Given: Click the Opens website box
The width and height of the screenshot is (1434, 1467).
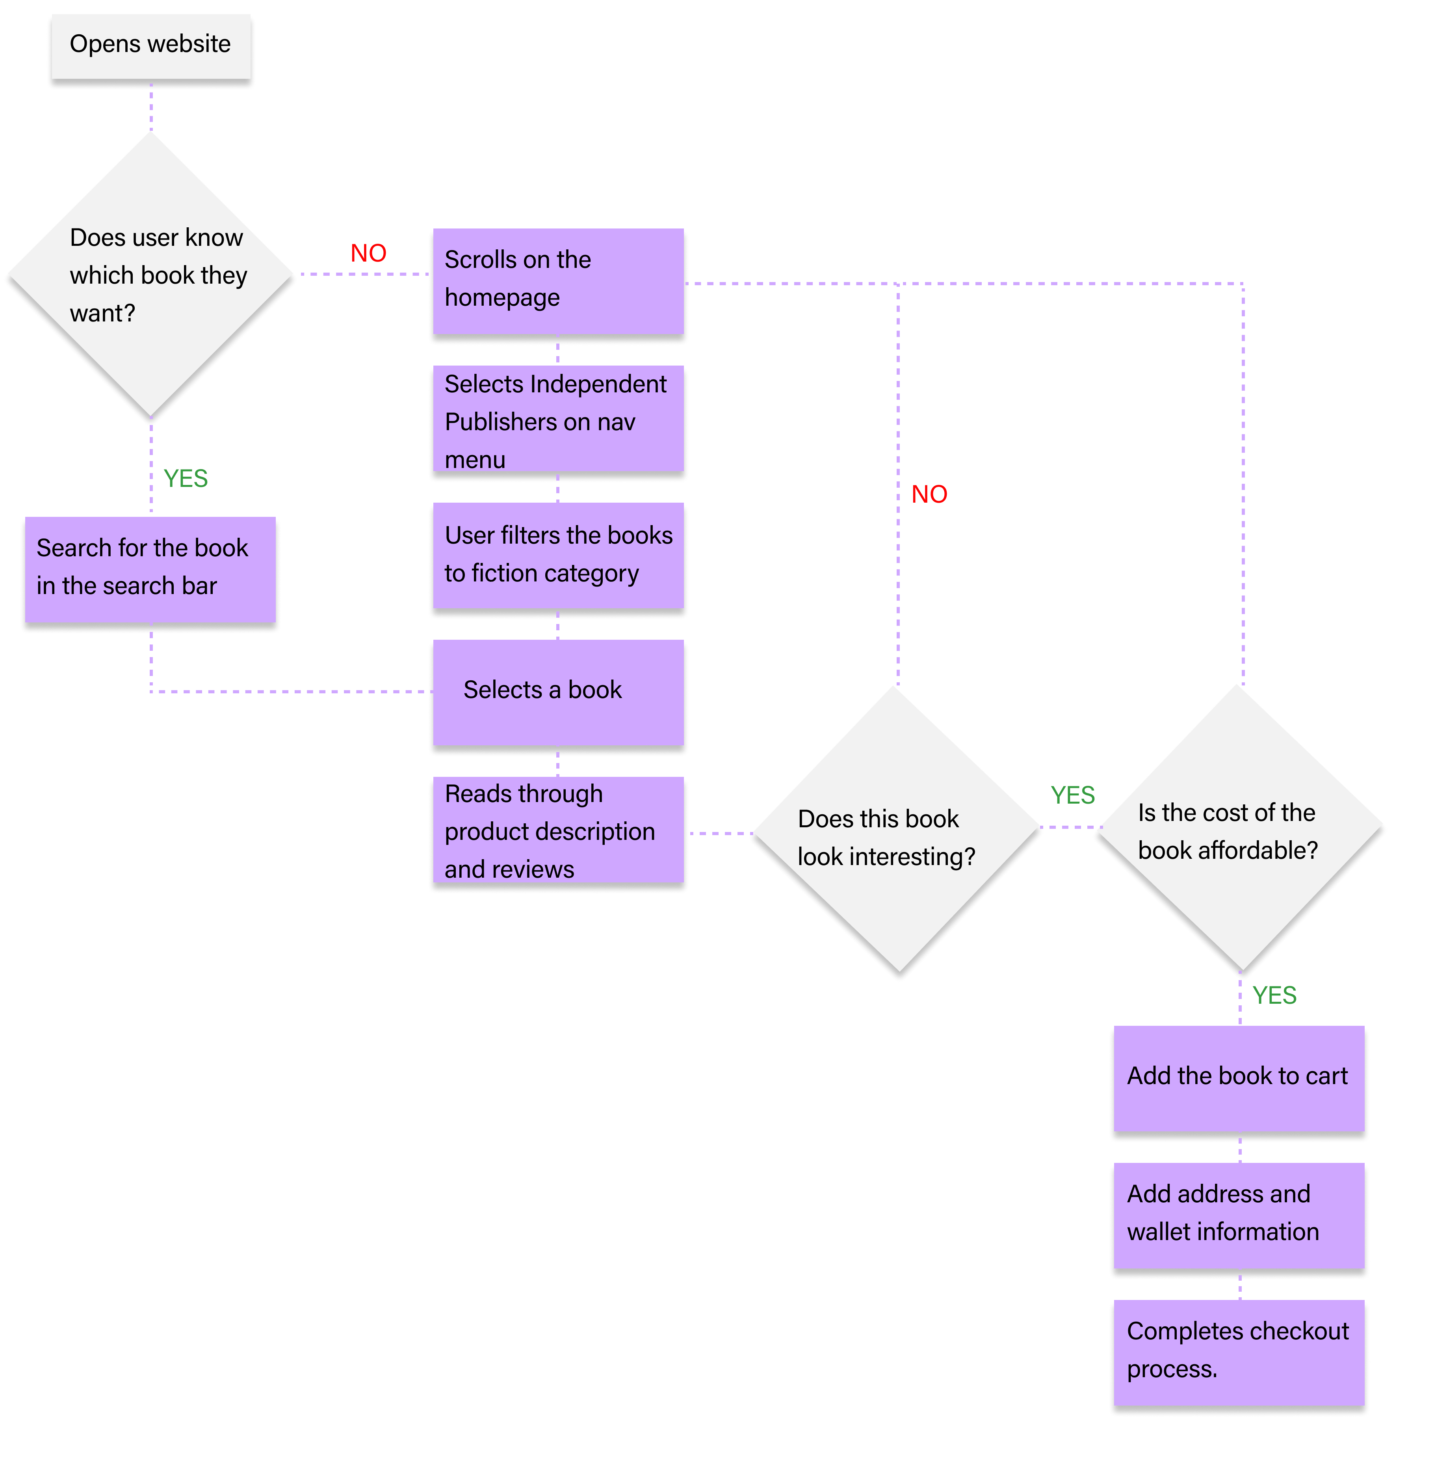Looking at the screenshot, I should pyautogui.click(x=150, y=45).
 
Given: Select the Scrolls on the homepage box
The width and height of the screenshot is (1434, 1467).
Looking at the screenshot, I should pyautogui.click(x=557, y=280).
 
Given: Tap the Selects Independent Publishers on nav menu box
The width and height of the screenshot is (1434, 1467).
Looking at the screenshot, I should pyautogui.click(x=557, y=419).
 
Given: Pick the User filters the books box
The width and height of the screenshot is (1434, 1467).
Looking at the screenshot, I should pyautogui.click(x=557, y=555).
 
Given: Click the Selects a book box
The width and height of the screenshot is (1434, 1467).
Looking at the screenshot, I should pyautogui.click(x=557, y=691).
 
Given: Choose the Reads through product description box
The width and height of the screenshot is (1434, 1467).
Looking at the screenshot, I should pyautogui.click(x=557, y=830).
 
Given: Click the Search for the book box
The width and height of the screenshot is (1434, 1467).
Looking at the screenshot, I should pyautogui.click(x=150, y=568).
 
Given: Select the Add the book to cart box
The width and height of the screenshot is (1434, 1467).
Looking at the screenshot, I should pyautogui.click(x=1238, y=1077).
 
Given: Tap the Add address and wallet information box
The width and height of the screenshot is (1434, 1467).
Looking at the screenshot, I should pyautogui.click(x=1238, y=1214).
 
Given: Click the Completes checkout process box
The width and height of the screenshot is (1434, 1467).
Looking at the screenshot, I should pyautogui.click(x=1238, y=1351).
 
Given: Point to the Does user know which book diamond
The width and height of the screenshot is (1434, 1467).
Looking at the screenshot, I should pyautogui.click(x=150, y=275).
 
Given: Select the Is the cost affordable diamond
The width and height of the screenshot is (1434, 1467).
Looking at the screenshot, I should pyautogui.click(x=1239, y=828).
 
